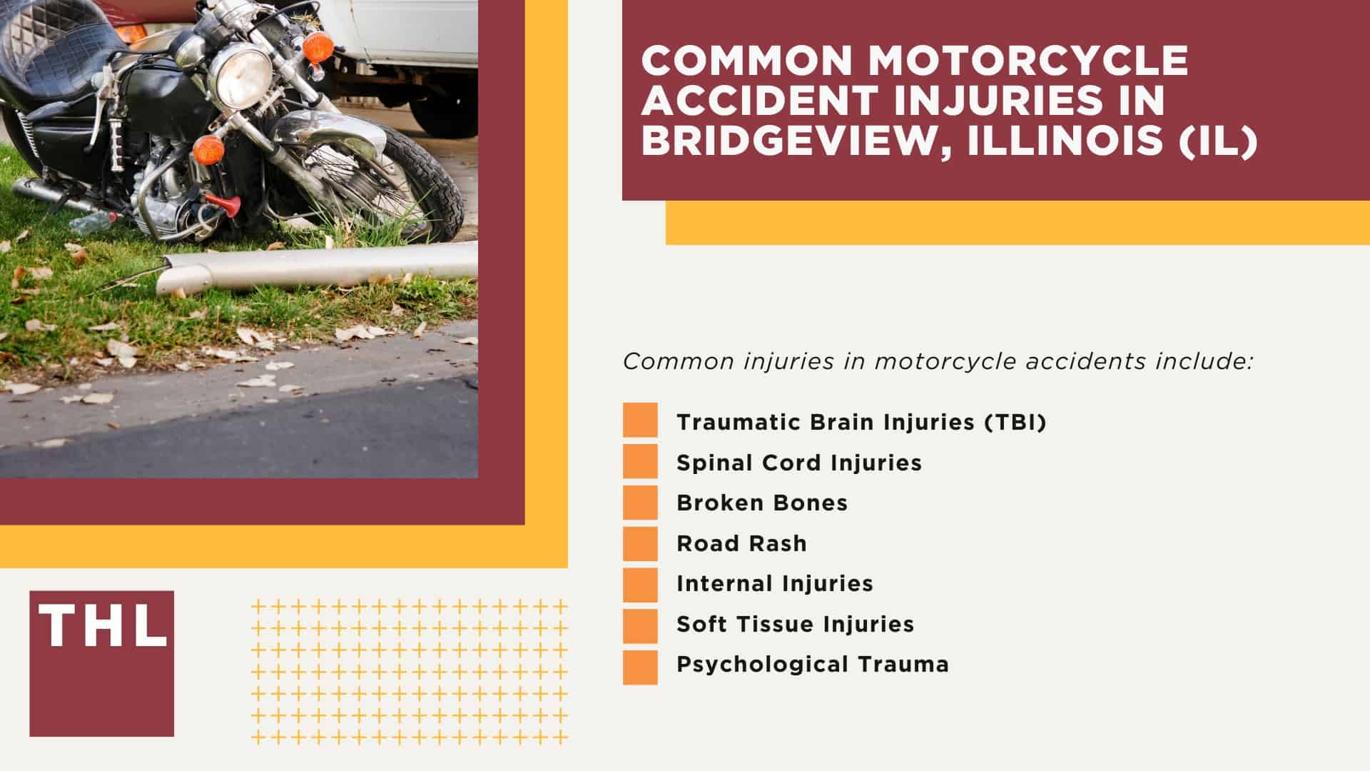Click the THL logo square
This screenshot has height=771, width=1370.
pyautogui.click(x=101, y=663)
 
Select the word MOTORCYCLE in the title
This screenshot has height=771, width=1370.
pyautogui.click(x=1028, y=60)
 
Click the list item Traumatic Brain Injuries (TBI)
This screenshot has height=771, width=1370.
pyautogui.click(x=861, y=422)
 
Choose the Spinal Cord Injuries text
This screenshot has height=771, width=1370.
pyautogui.click(x=799, y=463)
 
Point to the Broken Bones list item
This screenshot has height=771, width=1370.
pyautogui.click(x=762, y=503)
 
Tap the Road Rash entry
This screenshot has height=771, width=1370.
pyautogui.click(x=741, y=543)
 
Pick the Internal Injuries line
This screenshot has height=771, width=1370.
pyautogui.click(x=775, y=583)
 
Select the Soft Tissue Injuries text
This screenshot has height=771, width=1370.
pyautogui.click(x=795, y=624)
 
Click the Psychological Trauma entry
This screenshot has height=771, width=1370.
pyautogui.click(x=813, y=664)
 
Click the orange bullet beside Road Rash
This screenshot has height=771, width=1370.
pyautogui.click(x=640, y=543)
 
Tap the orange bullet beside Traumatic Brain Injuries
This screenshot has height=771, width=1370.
pyautogui.click(x=640, y=422)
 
